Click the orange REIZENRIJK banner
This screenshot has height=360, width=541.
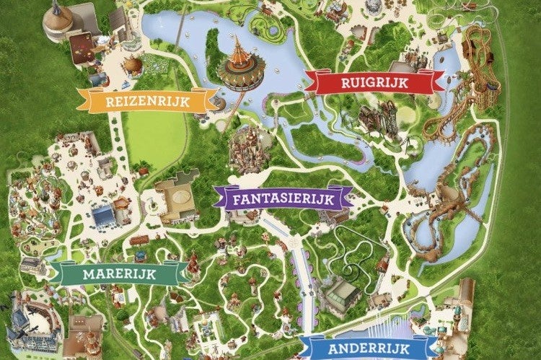click(x=147, y=101)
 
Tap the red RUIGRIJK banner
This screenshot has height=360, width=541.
click(x=373, y=83)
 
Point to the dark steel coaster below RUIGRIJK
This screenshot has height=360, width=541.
click(x=379, y=119)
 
